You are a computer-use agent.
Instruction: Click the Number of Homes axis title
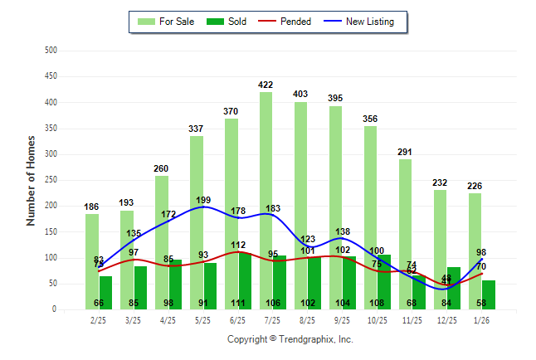click(x=32, y=180)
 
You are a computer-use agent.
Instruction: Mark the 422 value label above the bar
click(x=266, y=85)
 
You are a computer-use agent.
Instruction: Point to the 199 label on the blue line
click(x=203, y=200)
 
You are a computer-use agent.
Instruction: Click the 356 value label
click(x=370, y=119)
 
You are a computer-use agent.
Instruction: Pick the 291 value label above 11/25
click(x=405, y=152)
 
